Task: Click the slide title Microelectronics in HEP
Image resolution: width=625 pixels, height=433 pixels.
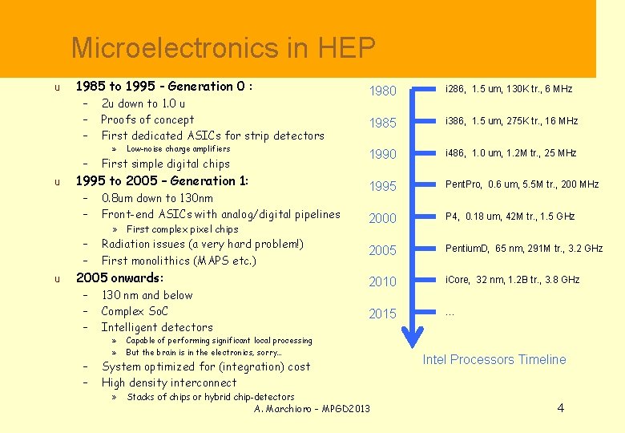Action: click(x=223, y=49)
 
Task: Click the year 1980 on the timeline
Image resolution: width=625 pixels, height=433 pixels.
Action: click(x=382, y=91)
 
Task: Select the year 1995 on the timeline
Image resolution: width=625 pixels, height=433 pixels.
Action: click(x=382, y=186)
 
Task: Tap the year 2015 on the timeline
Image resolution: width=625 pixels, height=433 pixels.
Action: click(x=382, y=314)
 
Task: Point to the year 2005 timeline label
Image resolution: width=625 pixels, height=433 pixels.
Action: click(x=382, y=250)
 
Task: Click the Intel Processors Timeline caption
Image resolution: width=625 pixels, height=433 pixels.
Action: click(x=494, y=359)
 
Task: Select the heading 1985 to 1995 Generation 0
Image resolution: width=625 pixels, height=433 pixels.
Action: click(x=163, y=86)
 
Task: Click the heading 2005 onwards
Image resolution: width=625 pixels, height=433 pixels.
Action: click(x=119, y=278)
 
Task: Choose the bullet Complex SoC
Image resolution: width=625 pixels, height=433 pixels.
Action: click(x=135, y=311)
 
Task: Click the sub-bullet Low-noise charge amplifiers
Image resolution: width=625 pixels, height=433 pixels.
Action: click(x=178, y=149)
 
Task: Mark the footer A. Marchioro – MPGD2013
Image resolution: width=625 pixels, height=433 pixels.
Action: click(x=312, y=409)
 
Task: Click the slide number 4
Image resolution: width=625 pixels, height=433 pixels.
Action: click(x=560, y=408)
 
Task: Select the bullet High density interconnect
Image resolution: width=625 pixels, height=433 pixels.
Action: click(x=169, y=382)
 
